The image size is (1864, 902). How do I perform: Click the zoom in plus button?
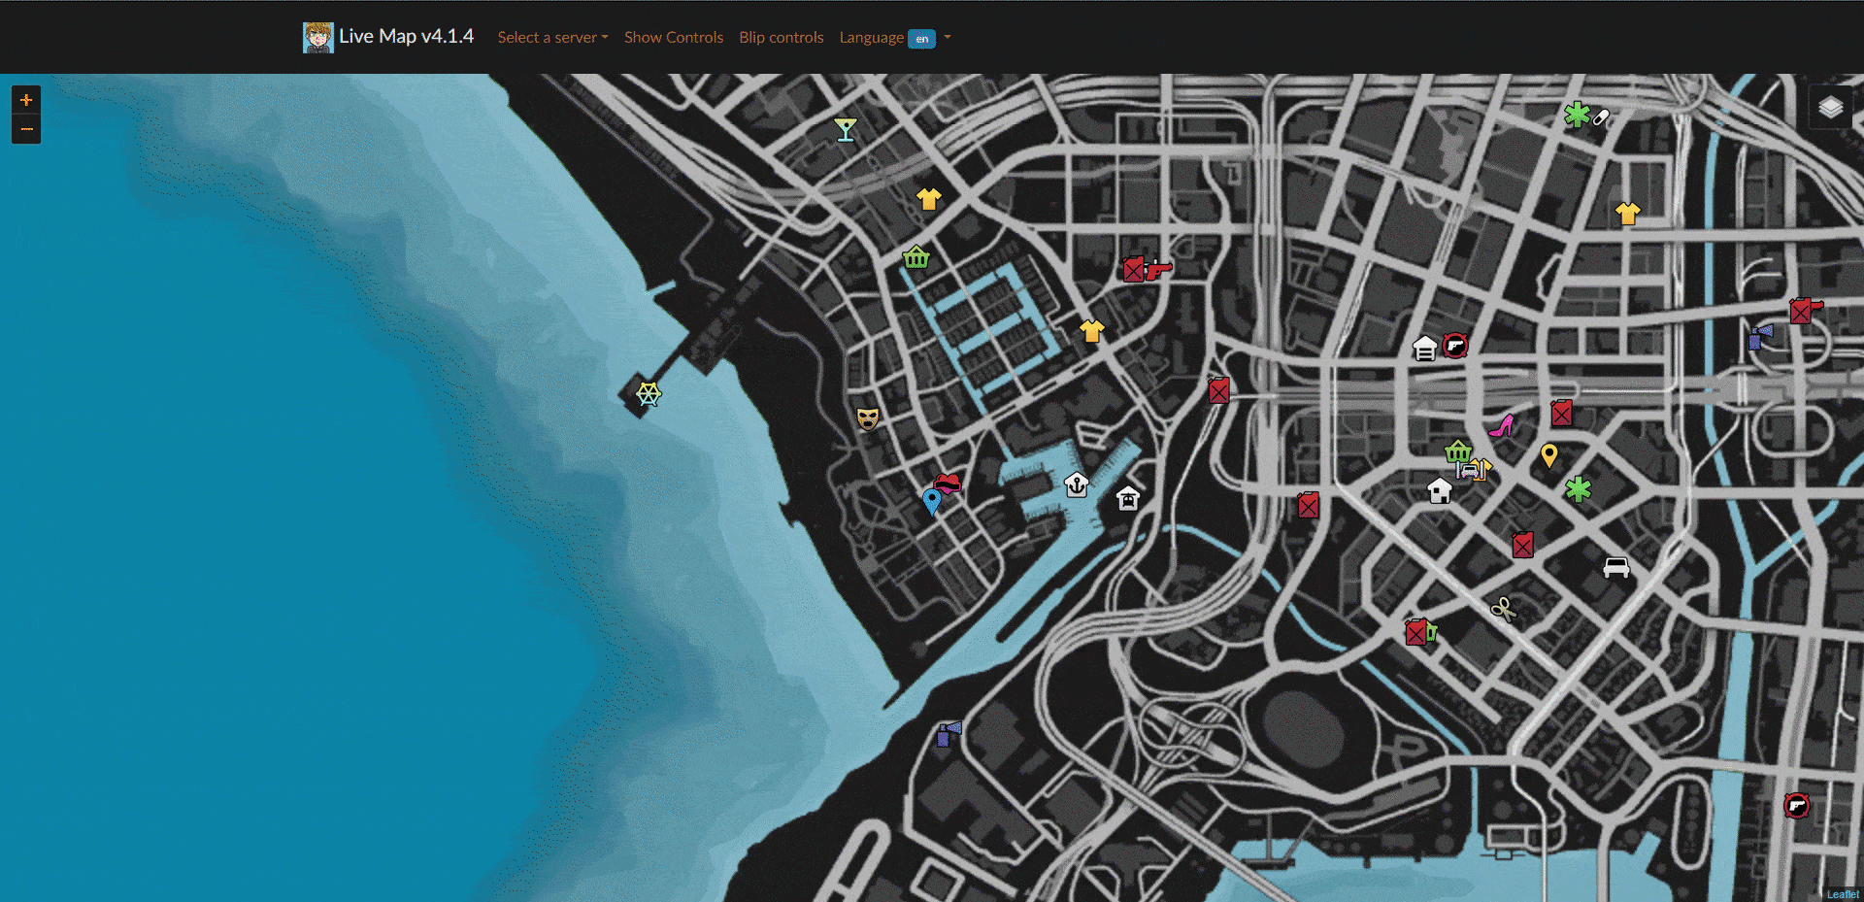[26, 100]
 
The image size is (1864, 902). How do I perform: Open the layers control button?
[1831, 107]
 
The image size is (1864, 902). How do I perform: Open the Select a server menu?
[552, 38]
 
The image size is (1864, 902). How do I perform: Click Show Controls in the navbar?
[673, 38]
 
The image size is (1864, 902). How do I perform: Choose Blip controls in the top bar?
[781, 38]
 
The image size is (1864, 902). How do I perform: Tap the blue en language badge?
[921, 39]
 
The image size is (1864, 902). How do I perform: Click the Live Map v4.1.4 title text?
[406, 37]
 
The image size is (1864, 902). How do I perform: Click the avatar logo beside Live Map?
[317, 38]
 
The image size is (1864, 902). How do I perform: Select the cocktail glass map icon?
[846, 129]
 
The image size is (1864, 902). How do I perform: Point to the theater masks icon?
[867, 418]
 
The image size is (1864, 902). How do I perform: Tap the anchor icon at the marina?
[1076, 484]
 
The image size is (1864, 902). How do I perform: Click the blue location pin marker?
[932, 501]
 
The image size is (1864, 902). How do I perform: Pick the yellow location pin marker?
[1549, 454]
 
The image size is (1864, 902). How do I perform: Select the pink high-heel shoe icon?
[1502, 426]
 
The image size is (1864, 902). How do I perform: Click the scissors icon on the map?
[1503, 610]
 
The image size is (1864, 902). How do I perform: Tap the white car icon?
[1615, 567]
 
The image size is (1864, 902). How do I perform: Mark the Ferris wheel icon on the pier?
[649, 394]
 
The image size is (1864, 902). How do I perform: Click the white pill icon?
[1601, 117]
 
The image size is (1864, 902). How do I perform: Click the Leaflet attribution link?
[1842, 895]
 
